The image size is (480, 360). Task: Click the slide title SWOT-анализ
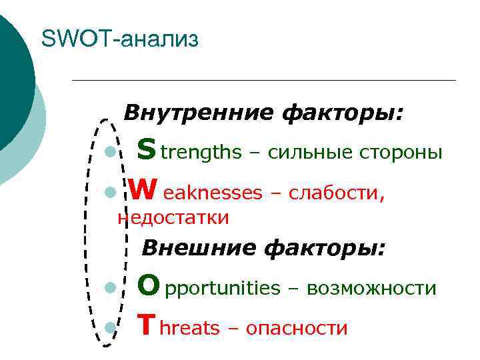click(120, 39)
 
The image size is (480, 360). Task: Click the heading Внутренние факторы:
click(263, 112)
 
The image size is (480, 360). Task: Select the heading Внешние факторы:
click(263, 248)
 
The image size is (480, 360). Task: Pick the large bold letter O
click(148, 287)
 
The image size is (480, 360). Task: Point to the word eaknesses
click(213, 193)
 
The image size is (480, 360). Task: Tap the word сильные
click(303, 153)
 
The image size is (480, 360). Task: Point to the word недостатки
click(173, 217)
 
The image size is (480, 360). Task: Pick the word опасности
click(297, 329)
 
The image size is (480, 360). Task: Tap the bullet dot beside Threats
click(109, 327)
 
